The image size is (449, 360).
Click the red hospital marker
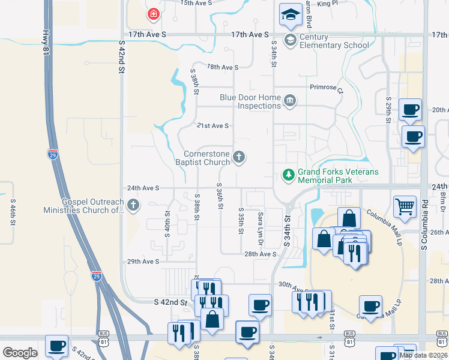point(154,13)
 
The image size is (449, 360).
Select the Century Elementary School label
point(334,41)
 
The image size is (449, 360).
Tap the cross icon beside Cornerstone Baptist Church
point(239,158)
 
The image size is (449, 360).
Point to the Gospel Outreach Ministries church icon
point(133,206)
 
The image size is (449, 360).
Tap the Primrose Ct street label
point(326,88)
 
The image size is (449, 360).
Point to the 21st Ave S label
point(213,125)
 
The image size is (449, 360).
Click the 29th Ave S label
point(142,262)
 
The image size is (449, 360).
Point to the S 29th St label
point(388,110)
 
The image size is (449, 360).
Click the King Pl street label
point(328,4)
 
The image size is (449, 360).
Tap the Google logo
point(20,352)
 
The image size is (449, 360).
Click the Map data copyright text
point(423,355)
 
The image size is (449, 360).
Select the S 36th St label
point(220,196)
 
